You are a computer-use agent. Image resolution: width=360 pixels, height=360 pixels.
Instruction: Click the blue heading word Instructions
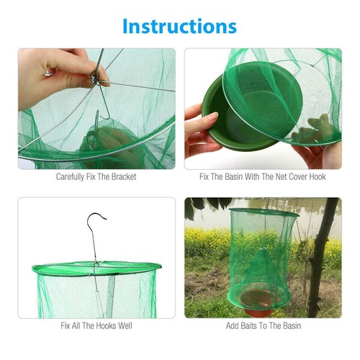click(179, 26)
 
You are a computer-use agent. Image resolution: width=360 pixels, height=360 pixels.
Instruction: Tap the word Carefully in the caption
click(71, 176)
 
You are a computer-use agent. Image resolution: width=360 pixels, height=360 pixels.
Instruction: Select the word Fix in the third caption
click(67, 325)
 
